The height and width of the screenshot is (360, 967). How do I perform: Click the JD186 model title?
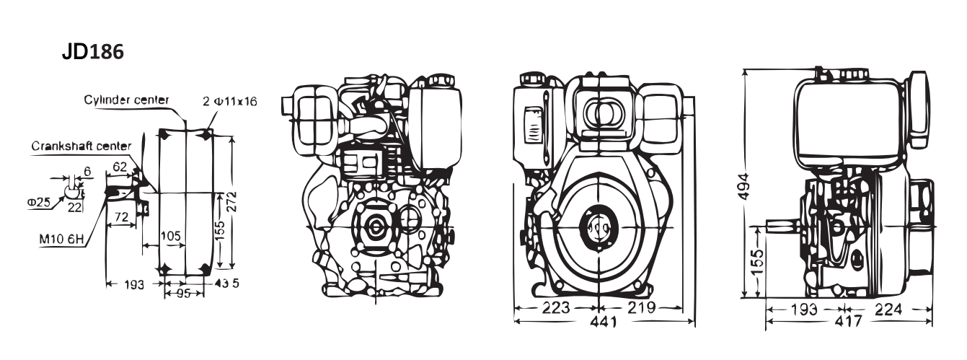93,53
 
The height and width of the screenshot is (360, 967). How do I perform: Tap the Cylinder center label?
126,99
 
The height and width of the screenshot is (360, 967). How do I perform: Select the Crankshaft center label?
81,146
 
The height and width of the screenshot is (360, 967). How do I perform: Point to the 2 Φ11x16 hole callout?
230,101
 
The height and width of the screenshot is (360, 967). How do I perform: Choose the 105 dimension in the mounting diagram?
170,237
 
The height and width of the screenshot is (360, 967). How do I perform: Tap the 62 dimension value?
120,167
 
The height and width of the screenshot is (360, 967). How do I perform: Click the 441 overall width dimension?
603,322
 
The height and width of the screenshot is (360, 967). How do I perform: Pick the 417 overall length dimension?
847,322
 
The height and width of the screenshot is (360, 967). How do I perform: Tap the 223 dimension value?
556,308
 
